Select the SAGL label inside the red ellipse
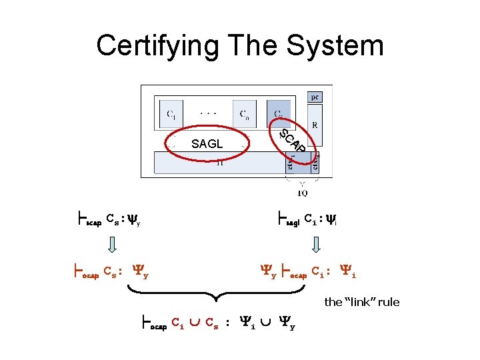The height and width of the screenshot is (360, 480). tap(207, 144)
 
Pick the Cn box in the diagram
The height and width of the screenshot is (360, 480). tap(245, 114)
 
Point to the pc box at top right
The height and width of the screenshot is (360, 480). tap(315, 97)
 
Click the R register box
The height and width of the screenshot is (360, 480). tap(315, 125)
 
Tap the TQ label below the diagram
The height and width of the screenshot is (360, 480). tap(302, 193)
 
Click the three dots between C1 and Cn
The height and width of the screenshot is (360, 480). tap(209, 114)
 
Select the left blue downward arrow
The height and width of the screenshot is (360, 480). tap(113, 246)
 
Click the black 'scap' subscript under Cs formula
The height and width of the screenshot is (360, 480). tap(94, 223)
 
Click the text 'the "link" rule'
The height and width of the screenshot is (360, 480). tap(361, 302)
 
